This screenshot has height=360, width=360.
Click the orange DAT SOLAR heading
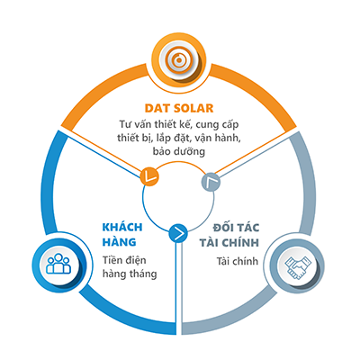click(179, 108)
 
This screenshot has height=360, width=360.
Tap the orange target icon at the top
click(179, 60)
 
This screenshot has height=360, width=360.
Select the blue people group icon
click(58, 265)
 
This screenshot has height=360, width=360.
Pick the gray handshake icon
click(298, 265)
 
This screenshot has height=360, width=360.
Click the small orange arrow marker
click(149, 175)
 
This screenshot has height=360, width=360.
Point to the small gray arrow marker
click(211, 182)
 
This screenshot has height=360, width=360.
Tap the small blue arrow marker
click(178, 233)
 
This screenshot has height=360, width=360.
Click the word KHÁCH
click(122, 227)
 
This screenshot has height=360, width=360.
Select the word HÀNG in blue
click(120, 242)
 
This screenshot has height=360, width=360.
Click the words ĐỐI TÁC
click(236, 228)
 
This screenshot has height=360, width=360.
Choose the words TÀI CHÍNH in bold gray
click(229, 242)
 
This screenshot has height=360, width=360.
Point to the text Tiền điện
click(124, 260)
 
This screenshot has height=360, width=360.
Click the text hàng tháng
click(130, 274)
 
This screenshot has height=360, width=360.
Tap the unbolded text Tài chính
click(238, 261)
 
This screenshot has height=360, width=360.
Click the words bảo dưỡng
click(179, 151)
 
